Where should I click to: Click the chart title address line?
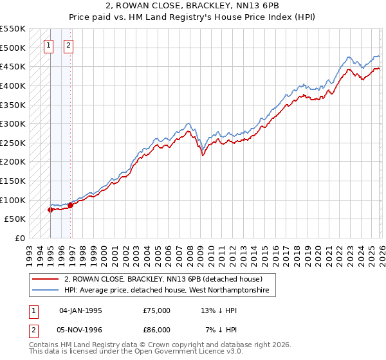(x=193, y=5)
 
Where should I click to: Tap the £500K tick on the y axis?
(x=13, y=48)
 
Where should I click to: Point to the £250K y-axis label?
(x=13, y=143)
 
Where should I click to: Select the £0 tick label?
(x=20, y=238)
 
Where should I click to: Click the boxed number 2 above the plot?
(x=69, y=46)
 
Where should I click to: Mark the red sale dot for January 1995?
(x=50, y=210)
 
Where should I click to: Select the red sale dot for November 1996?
(x=70, y=205)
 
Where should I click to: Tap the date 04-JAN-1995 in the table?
(x=80, y=310)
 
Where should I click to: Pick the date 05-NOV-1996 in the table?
(x=80, y=329)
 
